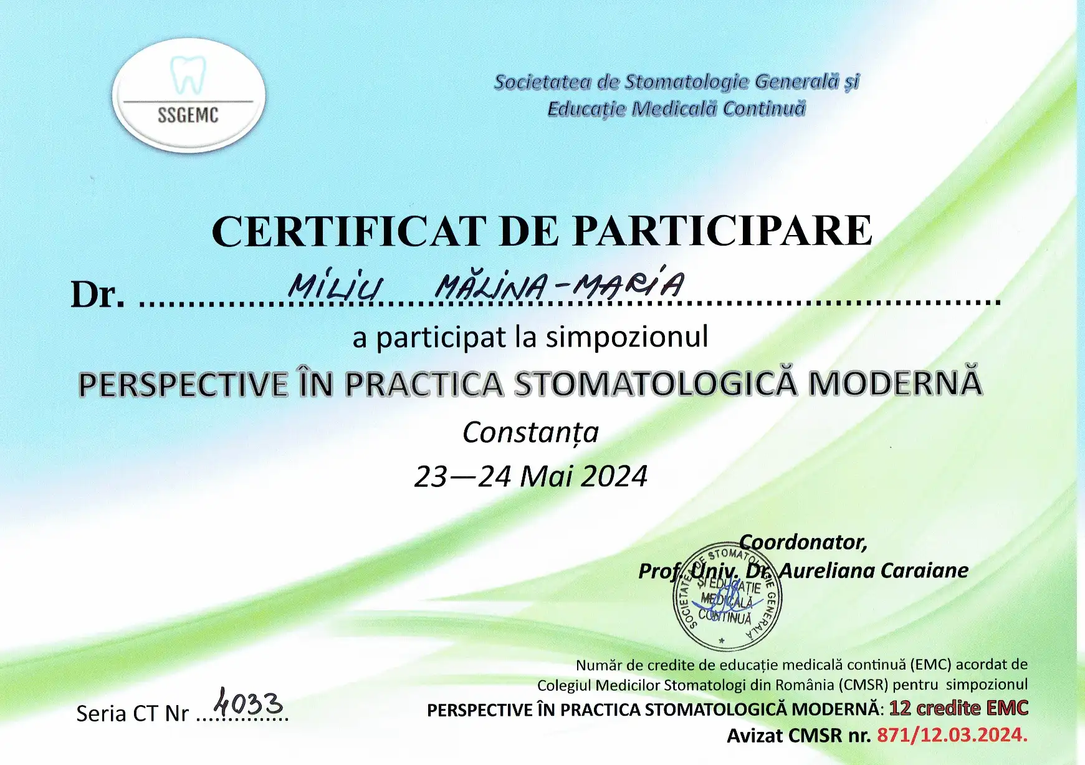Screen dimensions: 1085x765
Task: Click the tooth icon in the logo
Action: tap(188, 74)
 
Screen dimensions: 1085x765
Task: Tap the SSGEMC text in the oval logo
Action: tap(188, 115)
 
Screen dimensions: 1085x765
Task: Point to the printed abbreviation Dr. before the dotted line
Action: tap(98, 294)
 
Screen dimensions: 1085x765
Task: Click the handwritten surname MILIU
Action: tap(336, 286)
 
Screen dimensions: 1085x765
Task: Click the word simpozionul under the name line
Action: tap(627, 337)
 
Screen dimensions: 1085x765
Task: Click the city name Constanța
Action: tap(530, 432)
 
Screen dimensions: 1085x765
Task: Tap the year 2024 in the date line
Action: tap(614, 476)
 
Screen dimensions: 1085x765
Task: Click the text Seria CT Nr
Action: tap(132, 713)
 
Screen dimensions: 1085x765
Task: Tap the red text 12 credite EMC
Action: tap(958, 708)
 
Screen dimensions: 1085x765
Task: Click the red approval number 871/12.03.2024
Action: tap(952, 735)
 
